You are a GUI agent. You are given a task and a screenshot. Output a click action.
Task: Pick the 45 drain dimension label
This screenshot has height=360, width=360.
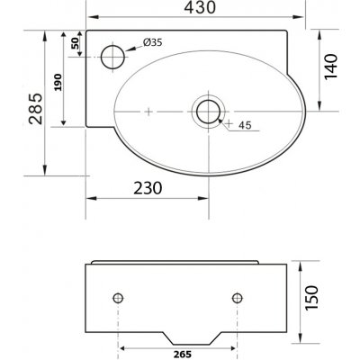point(245,126)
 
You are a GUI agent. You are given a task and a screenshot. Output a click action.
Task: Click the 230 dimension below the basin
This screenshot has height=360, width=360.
point(142,189)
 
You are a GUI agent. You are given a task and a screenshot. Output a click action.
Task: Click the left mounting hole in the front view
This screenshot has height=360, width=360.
point(118,297)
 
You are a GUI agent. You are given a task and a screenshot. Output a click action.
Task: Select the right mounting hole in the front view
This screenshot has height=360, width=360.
point(238,297)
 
